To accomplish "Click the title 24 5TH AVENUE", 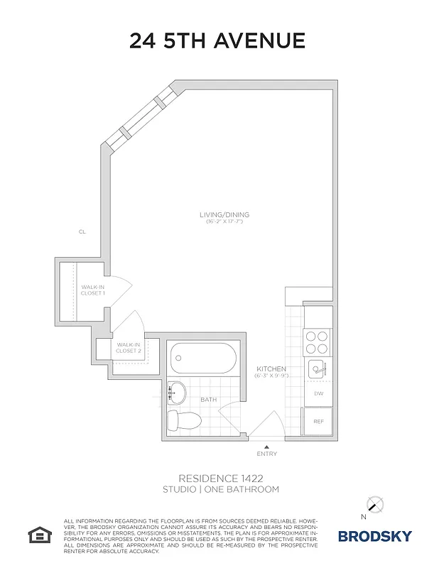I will click(x=217, y=41).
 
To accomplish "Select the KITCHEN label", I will click(x=271, y=369).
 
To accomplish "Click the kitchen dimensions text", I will click(x=271, y=376).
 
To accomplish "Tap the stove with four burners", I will click(x=317, y=342).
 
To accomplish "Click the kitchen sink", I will click(x=317, y=369).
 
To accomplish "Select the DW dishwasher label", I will click(x=318, y=393).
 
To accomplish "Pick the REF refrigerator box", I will click(x=318, y=421).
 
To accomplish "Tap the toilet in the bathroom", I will click(x=183, y=420).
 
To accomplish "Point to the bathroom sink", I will click(x=176, y=391).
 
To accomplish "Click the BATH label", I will click(x=208, y=400).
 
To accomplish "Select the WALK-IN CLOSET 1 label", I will click(x=92, y=290).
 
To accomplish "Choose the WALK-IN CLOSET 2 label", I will click(x=129, y=347).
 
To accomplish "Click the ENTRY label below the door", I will click(x=267, y=454).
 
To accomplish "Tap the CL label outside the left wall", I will click(x=82, y=231).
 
